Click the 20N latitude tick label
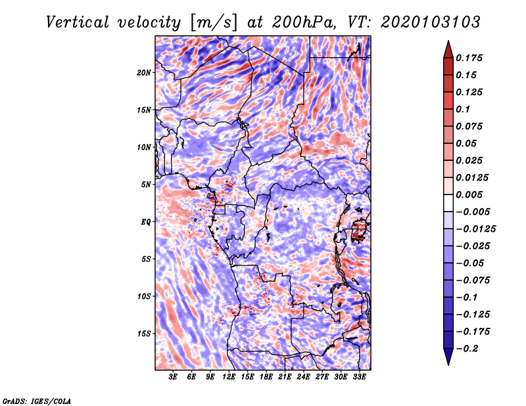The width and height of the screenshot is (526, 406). (144, 72)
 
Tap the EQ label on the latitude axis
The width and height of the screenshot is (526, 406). (146, 221)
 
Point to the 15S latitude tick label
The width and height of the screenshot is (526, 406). (144, 334)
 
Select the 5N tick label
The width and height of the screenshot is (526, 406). (146, 185)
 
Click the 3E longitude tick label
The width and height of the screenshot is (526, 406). (173, 376)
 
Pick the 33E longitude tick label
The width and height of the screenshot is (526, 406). (359, 376)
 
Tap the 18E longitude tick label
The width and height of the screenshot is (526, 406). (266, 376)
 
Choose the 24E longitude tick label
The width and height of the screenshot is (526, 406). (303, 376)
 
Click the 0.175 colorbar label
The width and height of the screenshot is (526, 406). (469, 58)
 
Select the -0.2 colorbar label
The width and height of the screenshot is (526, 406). (467, 349)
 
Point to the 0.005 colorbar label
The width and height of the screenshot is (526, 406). (469, 194)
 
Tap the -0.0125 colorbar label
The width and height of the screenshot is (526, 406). (475, 229)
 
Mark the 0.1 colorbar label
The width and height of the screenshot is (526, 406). (463, 109)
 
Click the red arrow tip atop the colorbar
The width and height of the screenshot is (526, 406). (448, 41)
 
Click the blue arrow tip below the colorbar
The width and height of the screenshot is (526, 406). (448, 365)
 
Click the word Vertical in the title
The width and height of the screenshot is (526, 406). (78, 22)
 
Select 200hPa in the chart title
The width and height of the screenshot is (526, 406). (304, 22)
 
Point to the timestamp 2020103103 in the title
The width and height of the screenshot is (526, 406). (431, 22)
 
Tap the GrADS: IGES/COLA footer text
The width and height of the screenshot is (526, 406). (37, 401)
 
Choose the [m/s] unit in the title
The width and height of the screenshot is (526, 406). (214, 23)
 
